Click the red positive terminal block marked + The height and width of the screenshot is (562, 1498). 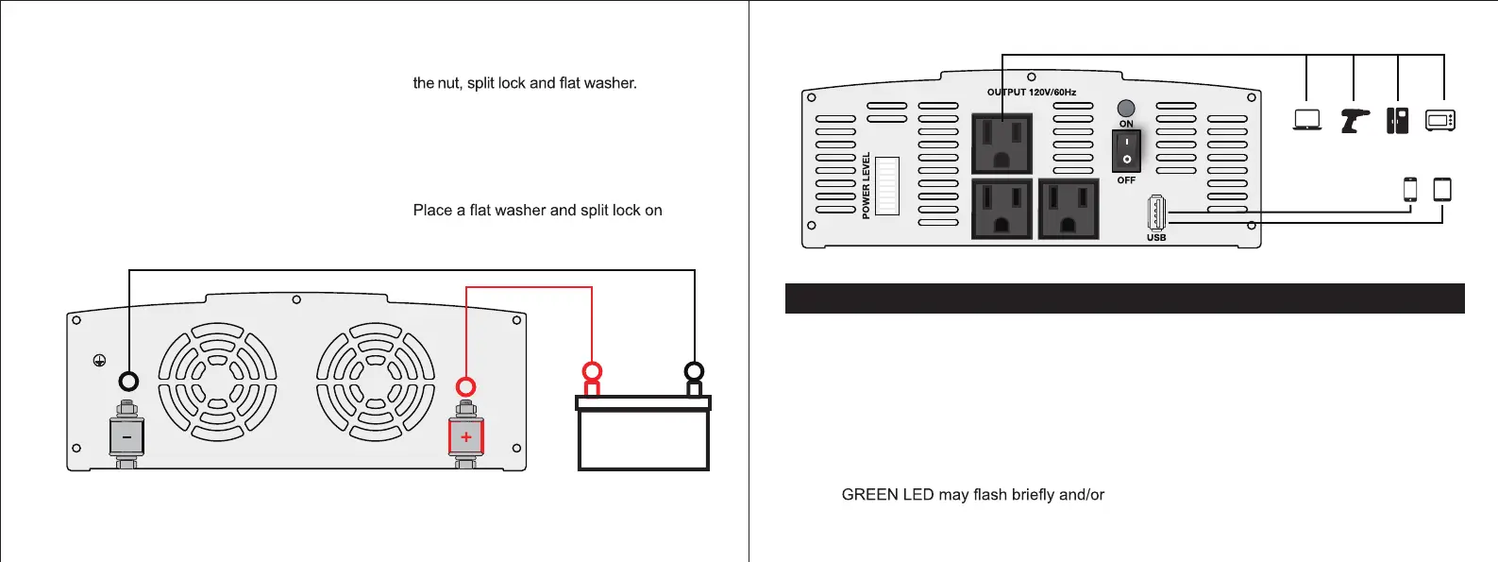tap(465, 436)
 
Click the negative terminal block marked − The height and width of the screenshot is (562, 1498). tap(126, 436)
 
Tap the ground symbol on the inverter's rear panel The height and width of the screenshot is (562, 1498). tap(99, 360)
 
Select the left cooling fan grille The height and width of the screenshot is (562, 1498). tap(217, 382)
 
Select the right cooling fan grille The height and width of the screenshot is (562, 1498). tap(376, 382)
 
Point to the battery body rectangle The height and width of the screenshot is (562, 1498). tap(643, 438)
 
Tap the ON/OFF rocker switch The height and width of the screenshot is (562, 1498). tap(1126, 150)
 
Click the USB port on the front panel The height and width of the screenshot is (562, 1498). tap(1155, 213)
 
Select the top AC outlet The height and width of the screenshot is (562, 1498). tap(1001, 143)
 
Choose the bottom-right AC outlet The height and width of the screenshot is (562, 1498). tap(1068, 208)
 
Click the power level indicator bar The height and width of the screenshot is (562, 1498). tap(886, 186)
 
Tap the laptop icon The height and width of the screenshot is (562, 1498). tap(1306, 120)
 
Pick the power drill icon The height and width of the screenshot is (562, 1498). tap(1355, 120)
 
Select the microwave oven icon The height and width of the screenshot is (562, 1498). tap(1440, 120)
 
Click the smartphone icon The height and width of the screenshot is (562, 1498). tap(1410, 189)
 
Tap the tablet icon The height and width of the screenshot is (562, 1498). tap(1442, 189)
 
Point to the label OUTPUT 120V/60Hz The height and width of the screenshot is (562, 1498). tap(1032, 93)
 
